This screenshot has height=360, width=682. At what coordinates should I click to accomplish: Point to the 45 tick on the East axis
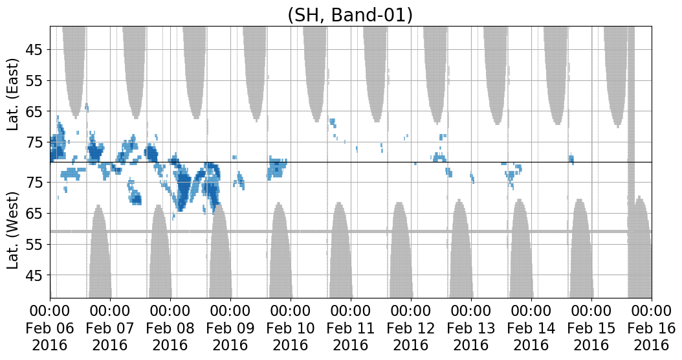[38, 50]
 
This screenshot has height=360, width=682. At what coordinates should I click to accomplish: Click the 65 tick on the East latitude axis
[38, 112]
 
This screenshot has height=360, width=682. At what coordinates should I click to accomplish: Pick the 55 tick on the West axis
[38, 244]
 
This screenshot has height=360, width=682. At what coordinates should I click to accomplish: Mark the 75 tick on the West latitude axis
[38, 182]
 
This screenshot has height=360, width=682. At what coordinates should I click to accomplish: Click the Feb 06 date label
[50, 328]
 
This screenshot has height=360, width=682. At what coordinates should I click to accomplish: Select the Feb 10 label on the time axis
[291, 328]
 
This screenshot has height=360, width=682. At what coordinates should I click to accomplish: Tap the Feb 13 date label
[471, 328]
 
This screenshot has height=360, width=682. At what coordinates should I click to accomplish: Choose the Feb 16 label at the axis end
[651, 328]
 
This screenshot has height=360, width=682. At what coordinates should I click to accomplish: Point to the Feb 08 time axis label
[171, 328]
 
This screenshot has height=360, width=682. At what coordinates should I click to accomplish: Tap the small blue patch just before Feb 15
[571, 159]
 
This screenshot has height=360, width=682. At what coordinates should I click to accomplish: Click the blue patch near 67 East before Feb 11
[333, 122]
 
